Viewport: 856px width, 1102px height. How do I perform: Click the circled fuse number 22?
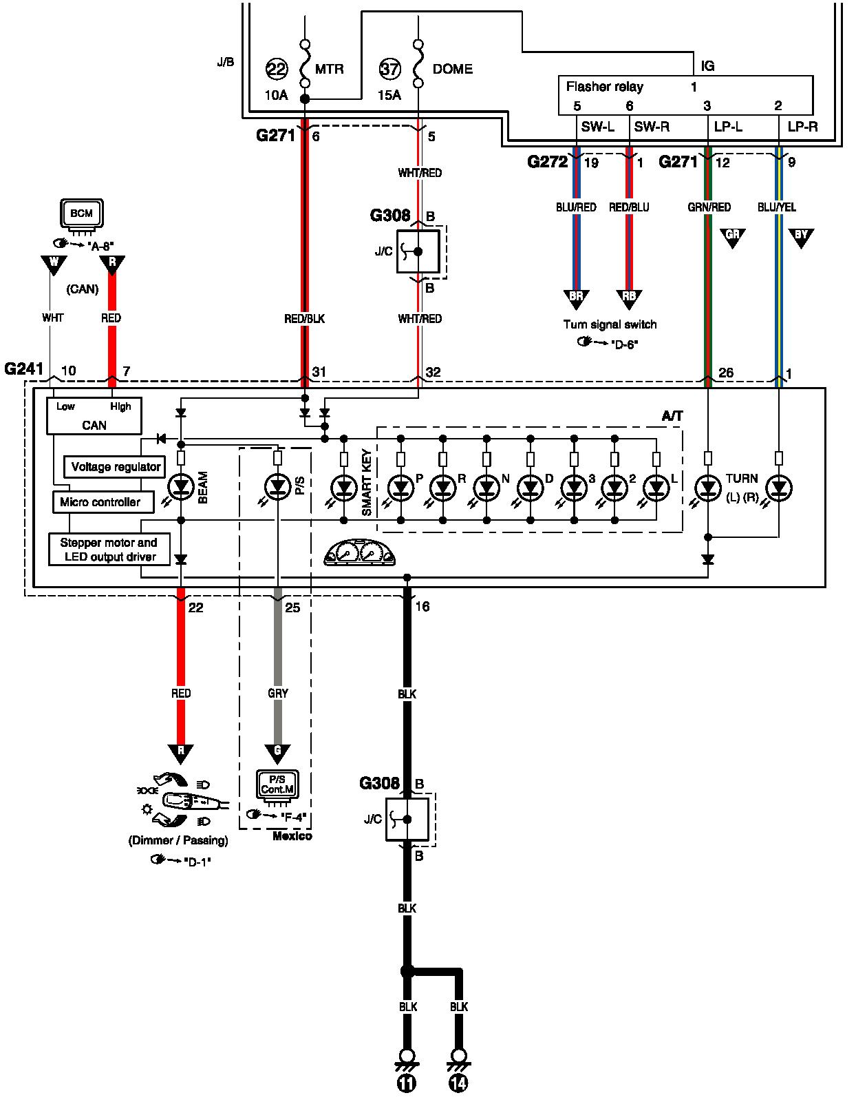click(277, 69)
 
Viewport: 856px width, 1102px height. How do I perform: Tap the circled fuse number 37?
click(390, 69)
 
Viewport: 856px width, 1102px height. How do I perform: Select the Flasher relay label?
click(604, 87)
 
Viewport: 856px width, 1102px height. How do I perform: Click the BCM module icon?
click(82, 216)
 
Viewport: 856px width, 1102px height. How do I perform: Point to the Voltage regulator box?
click(114, 466)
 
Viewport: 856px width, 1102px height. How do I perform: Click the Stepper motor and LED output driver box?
click(109, 549)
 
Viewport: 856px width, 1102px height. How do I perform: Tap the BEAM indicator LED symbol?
click(181, 488)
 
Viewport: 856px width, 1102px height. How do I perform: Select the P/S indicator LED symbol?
click(277, 488)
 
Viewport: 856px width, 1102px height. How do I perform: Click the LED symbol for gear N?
click(486, 488)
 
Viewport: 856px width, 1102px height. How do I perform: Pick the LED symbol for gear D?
click(530, 488)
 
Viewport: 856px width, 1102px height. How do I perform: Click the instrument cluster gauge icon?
click(359, 552)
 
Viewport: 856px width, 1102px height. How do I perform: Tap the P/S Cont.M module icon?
click(277, 787)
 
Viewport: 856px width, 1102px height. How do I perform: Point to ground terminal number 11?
click(407, 1083)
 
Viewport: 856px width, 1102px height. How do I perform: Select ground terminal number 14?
click(458, 1083)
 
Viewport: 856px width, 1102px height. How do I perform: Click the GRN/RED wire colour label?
click(709, 207)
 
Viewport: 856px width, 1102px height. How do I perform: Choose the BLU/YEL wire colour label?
click(776, 207)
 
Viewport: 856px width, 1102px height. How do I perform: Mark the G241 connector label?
click(24, 368)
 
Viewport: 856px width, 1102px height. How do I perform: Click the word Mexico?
click(292, 835)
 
